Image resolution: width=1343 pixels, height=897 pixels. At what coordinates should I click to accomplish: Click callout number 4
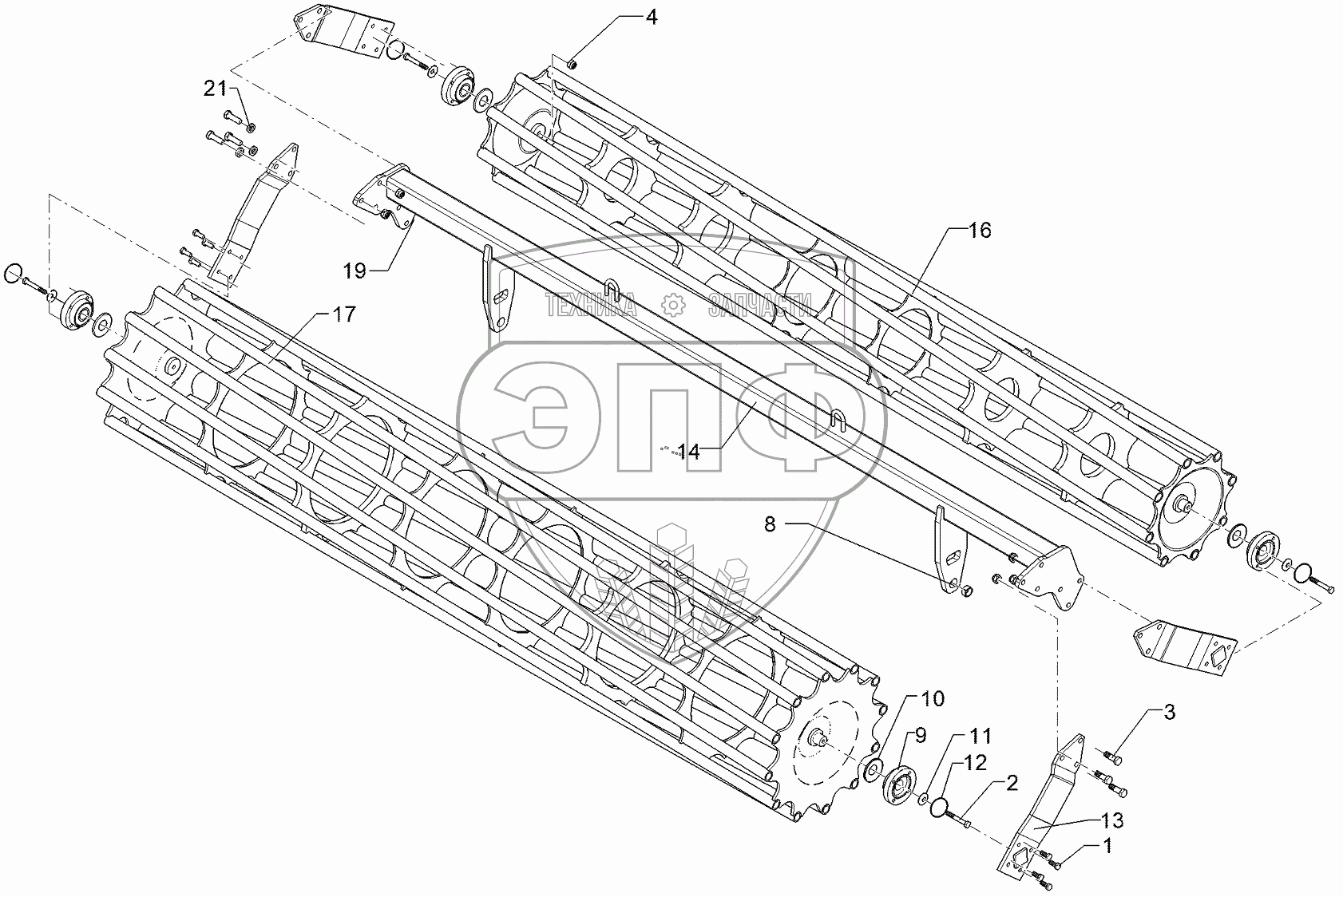click(x=652, y=17)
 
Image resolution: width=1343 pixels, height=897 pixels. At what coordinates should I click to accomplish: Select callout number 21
click(x=216, y=89)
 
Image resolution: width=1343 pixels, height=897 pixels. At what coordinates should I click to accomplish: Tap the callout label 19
click(x=355, y=271)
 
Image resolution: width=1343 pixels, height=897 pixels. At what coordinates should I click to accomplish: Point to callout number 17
click(x=343, y=314)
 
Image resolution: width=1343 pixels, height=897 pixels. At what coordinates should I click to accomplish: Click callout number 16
click(x=980, y=231)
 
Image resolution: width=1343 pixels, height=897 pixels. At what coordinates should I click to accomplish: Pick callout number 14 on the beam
click(x=689, y=452)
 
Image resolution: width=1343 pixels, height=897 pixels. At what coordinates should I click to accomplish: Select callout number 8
click(x=770, y=524)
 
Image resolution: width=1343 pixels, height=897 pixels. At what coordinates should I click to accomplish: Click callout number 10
click(x=932, y=700)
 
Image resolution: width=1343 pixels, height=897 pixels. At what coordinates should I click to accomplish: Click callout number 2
click(x=1011, y=784)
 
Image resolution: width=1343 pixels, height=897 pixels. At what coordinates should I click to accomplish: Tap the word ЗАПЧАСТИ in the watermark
click(x=759, y=303)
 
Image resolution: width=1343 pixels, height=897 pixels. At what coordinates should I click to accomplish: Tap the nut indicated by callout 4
click(x=572, y=64)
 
